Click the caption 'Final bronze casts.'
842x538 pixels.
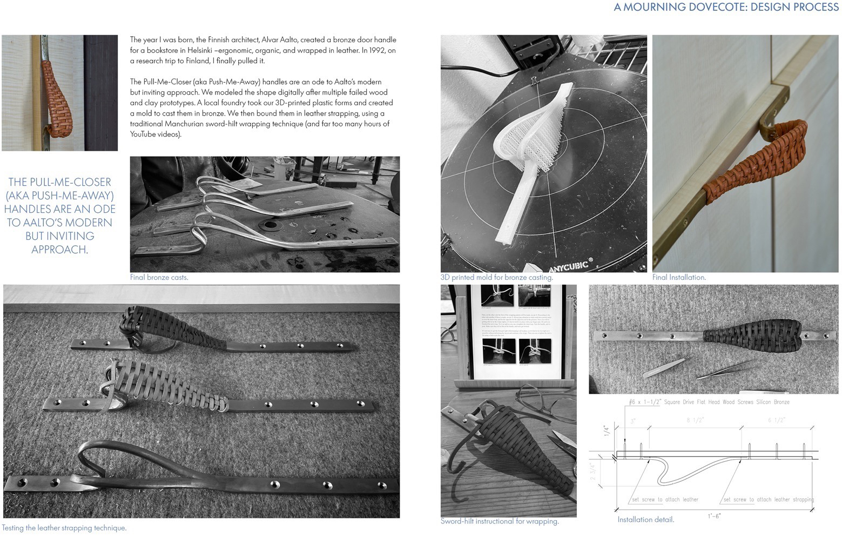pos(159,277)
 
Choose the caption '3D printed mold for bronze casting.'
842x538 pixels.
pos(496,277)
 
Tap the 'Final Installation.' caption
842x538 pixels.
pos(678,277)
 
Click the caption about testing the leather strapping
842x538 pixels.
pos(64,528)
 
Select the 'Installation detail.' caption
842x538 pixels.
pos(645,520)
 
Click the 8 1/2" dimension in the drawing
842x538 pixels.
pos(695,420)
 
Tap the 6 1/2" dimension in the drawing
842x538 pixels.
pos(776,420)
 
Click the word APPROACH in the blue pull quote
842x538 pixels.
pos(59,250)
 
